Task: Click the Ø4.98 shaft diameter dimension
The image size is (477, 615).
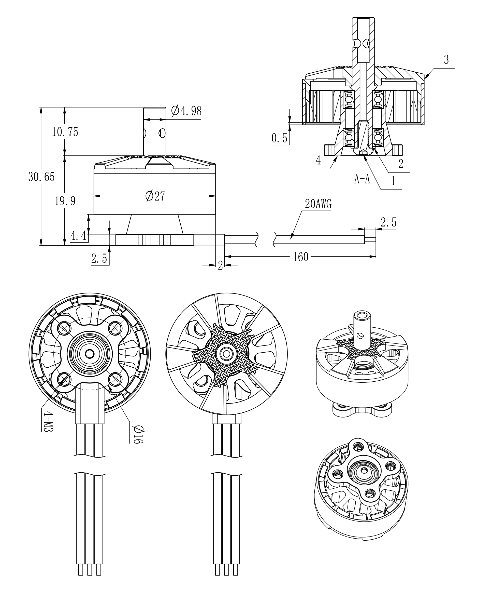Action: (x=186, y=111)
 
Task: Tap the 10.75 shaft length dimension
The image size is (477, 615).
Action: (x=65, y=132)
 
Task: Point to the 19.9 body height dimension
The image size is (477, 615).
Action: (x=65, y=201)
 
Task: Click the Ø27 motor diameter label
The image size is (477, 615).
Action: (x=155, y=196)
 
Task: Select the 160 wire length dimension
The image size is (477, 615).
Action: (x=301, y=257)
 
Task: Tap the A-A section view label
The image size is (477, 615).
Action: (x=362, y=179)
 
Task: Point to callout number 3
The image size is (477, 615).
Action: (x=446, y=60)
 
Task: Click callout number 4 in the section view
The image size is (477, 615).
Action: (x=318, y=161)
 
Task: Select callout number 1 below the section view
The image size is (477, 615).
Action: (x=394, y=181)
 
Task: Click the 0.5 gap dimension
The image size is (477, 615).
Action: (x=279, y=138)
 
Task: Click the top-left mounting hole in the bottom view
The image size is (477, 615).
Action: (x=64, y=327)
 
